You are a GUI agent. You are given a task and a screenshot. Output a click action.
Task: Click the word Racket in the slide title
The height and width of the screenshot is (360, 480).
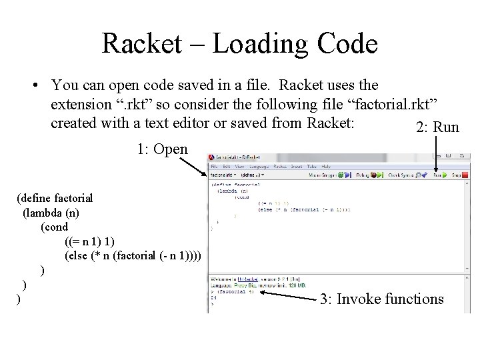[139, 44]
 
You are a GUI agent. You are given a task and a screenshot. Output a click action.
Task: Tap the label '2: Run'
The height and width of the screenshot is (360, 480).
[437, 127]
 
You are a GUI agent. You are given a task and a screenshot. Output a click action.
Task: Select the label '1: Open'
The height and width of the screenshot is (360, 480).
[163, 149]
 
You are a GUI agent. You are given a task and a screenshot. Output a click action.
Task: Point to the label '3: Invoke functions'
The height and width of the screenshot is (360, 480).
[381, 299]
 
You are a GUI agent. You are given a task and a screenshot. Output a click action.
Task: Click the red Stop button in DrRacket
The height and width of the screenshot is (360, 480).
[457, 176]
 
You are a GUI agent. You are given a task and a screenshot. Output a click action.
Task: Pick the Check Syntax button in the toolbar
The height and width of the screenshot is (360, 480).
[406, 176]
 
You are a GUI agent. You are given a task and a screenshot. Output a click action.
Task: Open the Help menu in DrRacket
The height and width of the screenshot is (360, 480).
[325, 166]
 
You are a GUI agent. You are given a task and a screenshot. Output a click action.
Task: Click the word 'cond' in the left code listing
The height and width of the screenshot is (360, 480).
[56, 227]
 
